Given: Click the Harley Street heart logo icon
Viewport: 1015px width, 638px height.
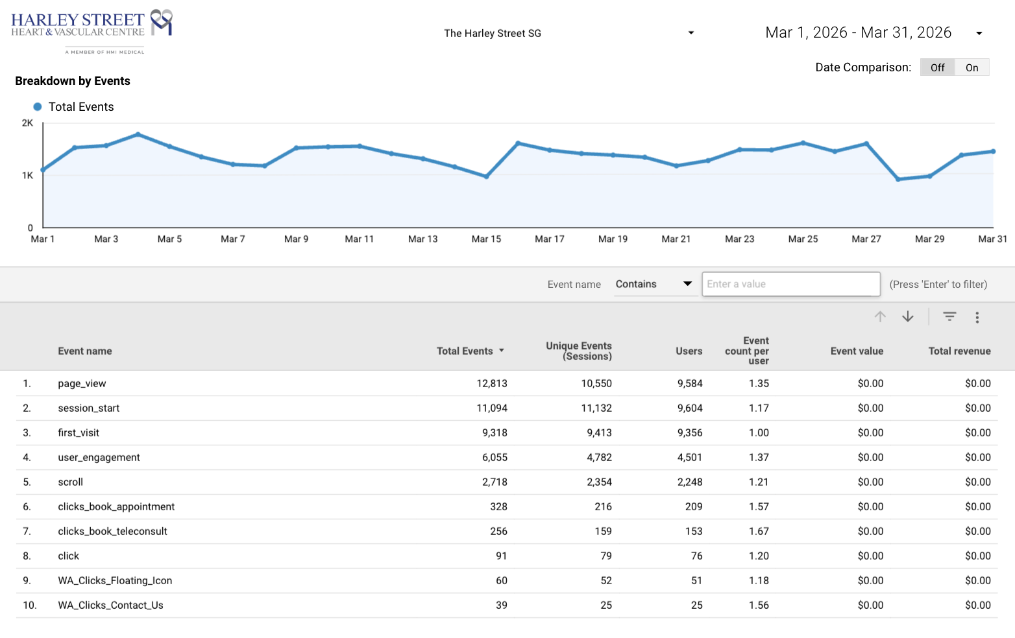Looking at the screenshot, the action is (162, 21).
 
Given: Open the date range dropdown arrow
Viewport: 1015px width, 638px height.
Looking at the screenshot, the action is (979, 33).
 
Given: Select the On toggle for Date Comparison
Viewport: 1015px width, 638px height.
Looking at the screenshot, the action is (972, 67).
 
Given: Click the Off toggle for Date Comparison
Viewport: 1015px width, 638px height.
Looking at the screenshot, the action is (938, 67).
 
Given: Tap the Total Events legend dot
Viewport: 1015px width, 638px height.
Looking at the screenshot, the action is (38, 107).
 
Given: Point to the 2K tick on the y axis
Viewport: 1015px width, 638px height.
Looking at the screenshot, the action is (27, 123).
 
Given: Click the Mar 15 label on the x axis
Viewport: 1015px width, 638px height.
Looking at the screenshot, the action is (486, 239).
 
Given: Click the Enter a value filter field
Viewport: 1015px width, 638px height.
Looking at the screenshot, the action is (791, 284).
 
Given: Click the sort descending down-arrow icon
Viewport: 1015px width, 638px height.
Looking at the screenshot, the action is (908, 316).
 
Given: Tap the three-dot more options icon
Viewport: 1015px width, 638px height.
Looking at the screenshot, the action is (977, 317).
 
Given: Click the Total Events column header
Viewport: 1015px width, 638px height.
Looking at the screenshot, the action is (465, 351).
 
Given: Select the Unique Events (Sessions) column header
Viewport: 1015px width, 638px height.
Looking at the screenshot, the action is (579, 351).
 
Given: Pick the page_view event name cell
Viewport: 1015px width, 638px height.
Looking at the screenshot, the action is (82, 384).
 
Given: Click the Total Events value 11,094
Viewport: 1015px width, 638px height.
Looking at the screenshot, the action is (492, 408).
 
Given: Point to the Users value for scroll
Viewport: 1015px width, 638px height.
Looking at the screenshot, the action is (690, 482).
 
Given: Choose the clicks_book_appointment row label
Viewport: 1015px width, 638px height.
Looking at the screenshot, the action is (116, 506).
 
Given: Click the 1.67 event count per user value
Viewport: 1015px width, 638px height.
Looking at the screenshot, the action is (759, 531).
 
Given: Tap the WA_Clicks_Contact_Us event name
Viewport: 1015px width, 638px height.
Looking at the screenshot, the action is (110, 606).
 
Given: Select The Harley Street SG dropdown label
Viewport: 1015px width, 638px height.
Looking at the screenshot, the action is (493, 33).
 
